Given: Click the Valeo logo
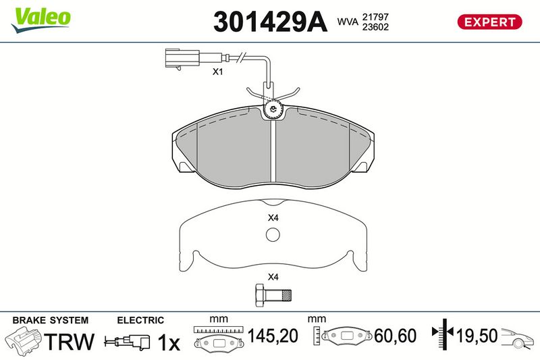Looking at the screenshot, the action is tap(40, 20).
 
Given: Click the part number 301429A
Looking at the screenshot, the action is tap(270, 22).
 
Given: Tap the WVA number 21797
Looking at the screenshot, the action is tap(375, 16).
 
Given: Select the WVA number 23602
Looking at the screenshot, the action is tap(375, 27).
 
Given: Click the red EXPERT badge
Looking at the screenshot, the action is tap(489, 22).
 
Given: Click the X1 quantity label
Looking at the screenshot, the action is tap(217, 72).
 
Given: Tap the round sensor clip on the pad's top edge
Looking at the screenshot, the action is tap(273, 109).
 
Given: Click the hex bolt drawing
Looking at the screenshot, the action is tap(273, 295).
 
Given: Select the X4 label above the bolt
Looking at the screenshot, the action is tap(273, 277).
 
